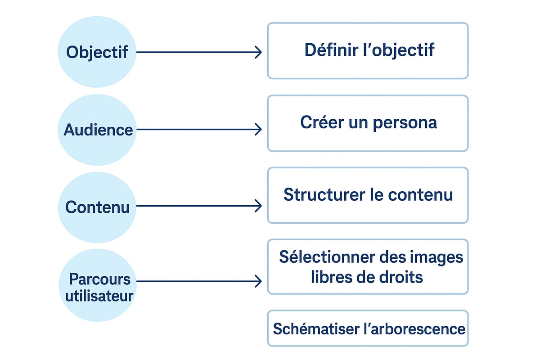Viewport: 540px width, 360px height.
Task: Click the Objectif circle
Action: pos(97,52)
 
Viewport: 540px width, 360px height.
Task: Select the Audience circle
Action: pos(97,130)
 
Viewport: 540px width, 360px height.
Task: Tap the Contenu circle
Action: pos(97,207)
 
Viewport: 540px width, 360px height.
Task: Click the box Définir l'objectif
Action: pos(368,51)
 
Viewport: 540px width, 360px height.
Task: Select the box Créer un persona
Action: pos(368,123)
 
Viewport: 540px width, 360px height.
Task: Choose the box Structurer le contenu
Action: pos(368,195)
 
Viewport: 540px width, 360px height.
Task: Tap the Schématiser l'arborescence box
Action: pos(368,328)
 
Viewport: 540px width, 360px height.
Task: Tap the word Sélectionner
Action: pos(327,257)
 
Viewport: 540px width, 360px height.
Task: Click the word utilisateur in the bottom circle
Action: pos(99,296)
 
